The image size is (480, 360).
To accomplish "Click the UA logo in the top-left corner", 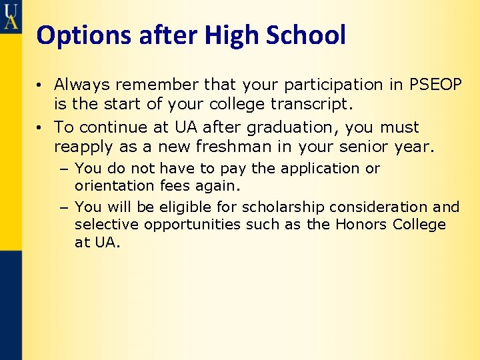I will pos(11,15).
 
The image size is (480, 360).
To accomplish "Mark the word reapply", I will pos(83,146).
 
